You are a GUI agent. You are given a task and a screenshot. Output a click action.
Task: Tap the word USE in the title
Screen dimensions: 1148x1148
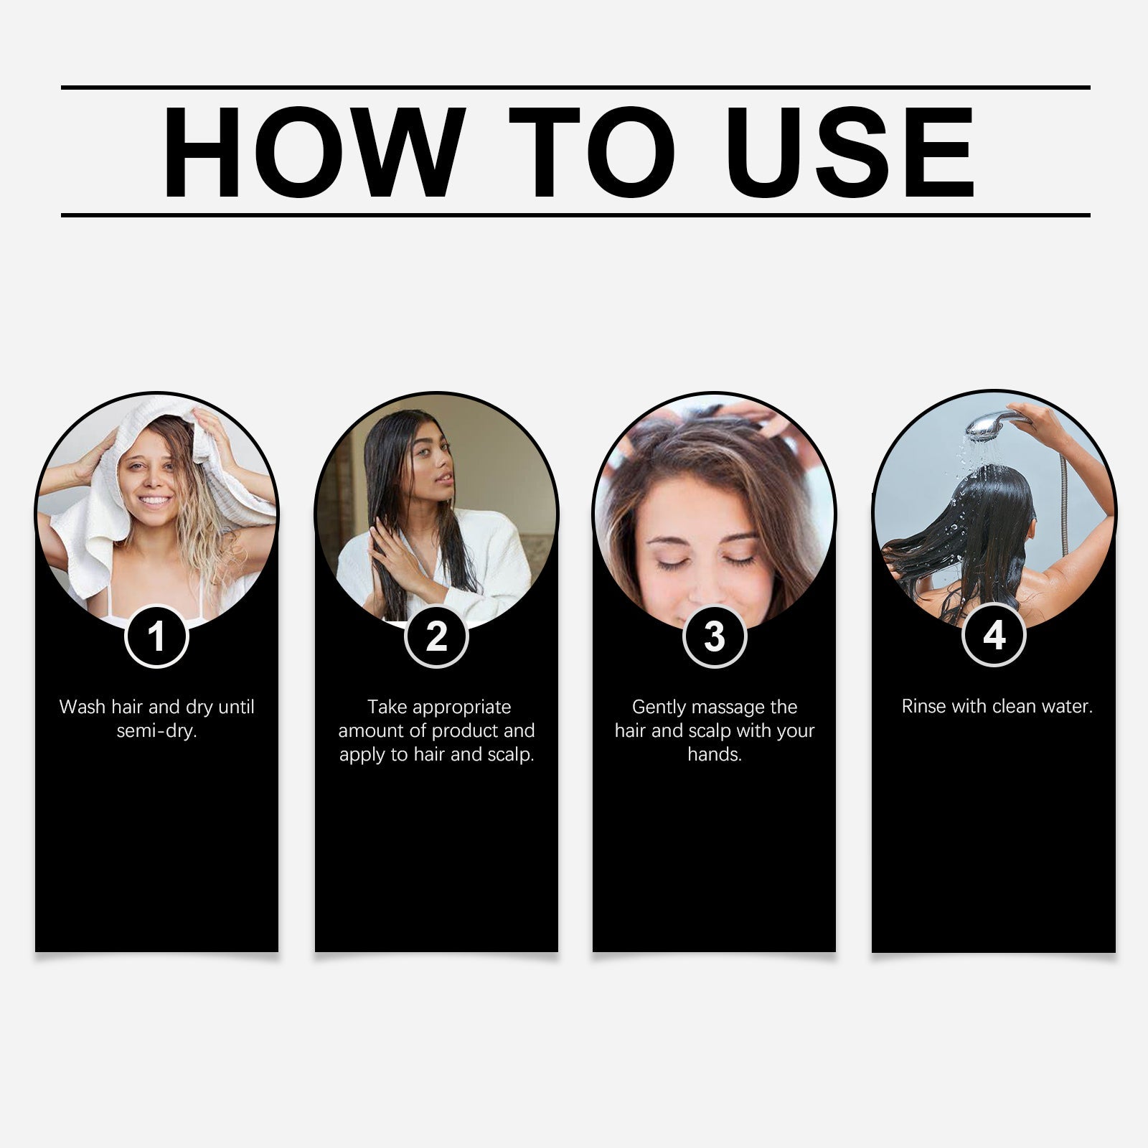(x=854, y=152)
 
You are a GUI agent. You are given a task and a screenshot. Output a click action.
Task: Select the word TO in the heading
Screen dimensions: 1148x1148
(x=591, y=152)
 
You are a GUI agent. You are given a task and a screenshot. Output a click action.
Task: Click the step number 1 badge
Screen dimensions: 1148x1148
(x=156, y=636)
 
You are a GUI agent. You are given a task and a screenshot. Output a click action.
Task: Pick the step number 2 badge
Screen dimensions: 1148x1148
(x=436, y=636)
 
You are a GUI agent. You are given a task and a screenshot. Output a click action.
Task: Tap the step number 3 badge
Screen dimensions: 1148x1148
(x=715, y=636)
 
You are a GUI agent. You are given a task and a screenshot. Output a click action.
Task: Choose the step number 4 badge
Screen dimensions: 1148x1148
(x=994, y=636)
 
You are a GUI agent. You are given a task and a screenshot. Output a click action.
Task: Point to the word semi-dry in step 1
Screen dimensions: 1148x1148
(x=156, y=731)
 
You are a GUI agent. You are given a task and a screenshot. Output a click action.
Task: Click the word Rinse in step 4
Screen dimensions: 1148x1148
(x=924, y=707)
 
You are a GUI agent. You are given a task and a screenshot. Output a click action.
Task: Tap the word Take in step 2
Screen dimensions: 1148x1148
(x=387, y=707)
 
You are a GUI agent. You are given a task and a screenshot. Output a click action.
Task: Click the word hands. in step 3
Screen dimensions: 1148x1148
(x=715, y=754)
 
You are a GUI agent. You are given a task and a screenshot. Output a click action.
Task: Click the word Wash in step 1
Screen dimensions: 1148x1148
(x=83, y=707)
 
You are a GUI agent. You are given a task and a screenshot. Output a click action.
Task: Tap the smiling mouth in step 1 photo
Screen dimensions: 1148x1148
(x=155, y=500)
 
